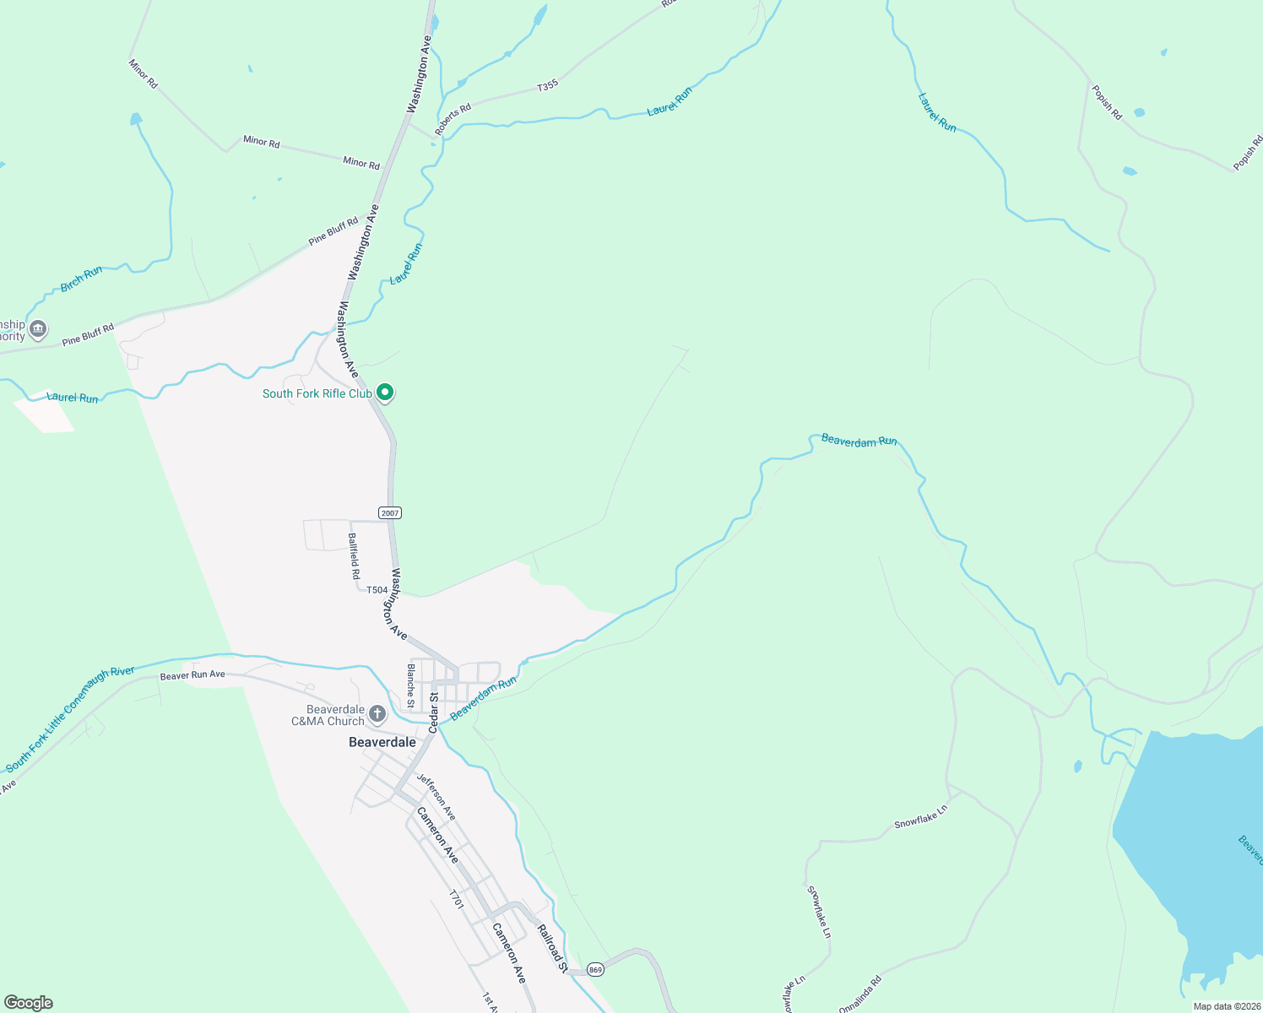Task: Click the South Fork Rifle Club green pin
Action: tap(385, 393)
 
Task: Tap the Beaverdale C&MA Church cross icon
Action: tap(377, 714)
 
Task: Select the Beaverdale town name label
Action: tap(382, 742)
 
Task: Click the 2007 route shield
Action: tap(389, 513)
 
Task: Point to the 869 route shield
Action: tap(596, 969)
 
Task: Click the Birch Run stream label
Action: tap(82, 279)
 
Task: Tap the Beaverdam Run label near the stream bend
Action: tap(859, 441)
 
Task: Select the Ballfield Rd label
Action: tap(354, 555)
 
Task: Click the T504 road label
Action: tap(377, 590)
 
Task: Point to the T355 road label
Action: tap(548, 85)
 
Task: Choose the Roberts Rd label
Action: tap(453, 120)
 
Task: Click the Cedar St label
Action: tap(434, 712)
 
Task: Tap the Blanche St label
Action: tap(411, 685)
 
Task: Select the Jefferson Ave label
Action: tap(436, 797)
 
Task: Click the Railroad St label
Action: tap(552, 948)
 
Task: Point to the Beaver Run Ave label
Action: tap(192, 675)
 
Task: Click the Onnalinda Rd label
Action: tap(860, 994)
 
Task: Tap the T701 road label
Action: tap(456, 899)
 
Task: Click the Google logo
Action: tap(28, 1003)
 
